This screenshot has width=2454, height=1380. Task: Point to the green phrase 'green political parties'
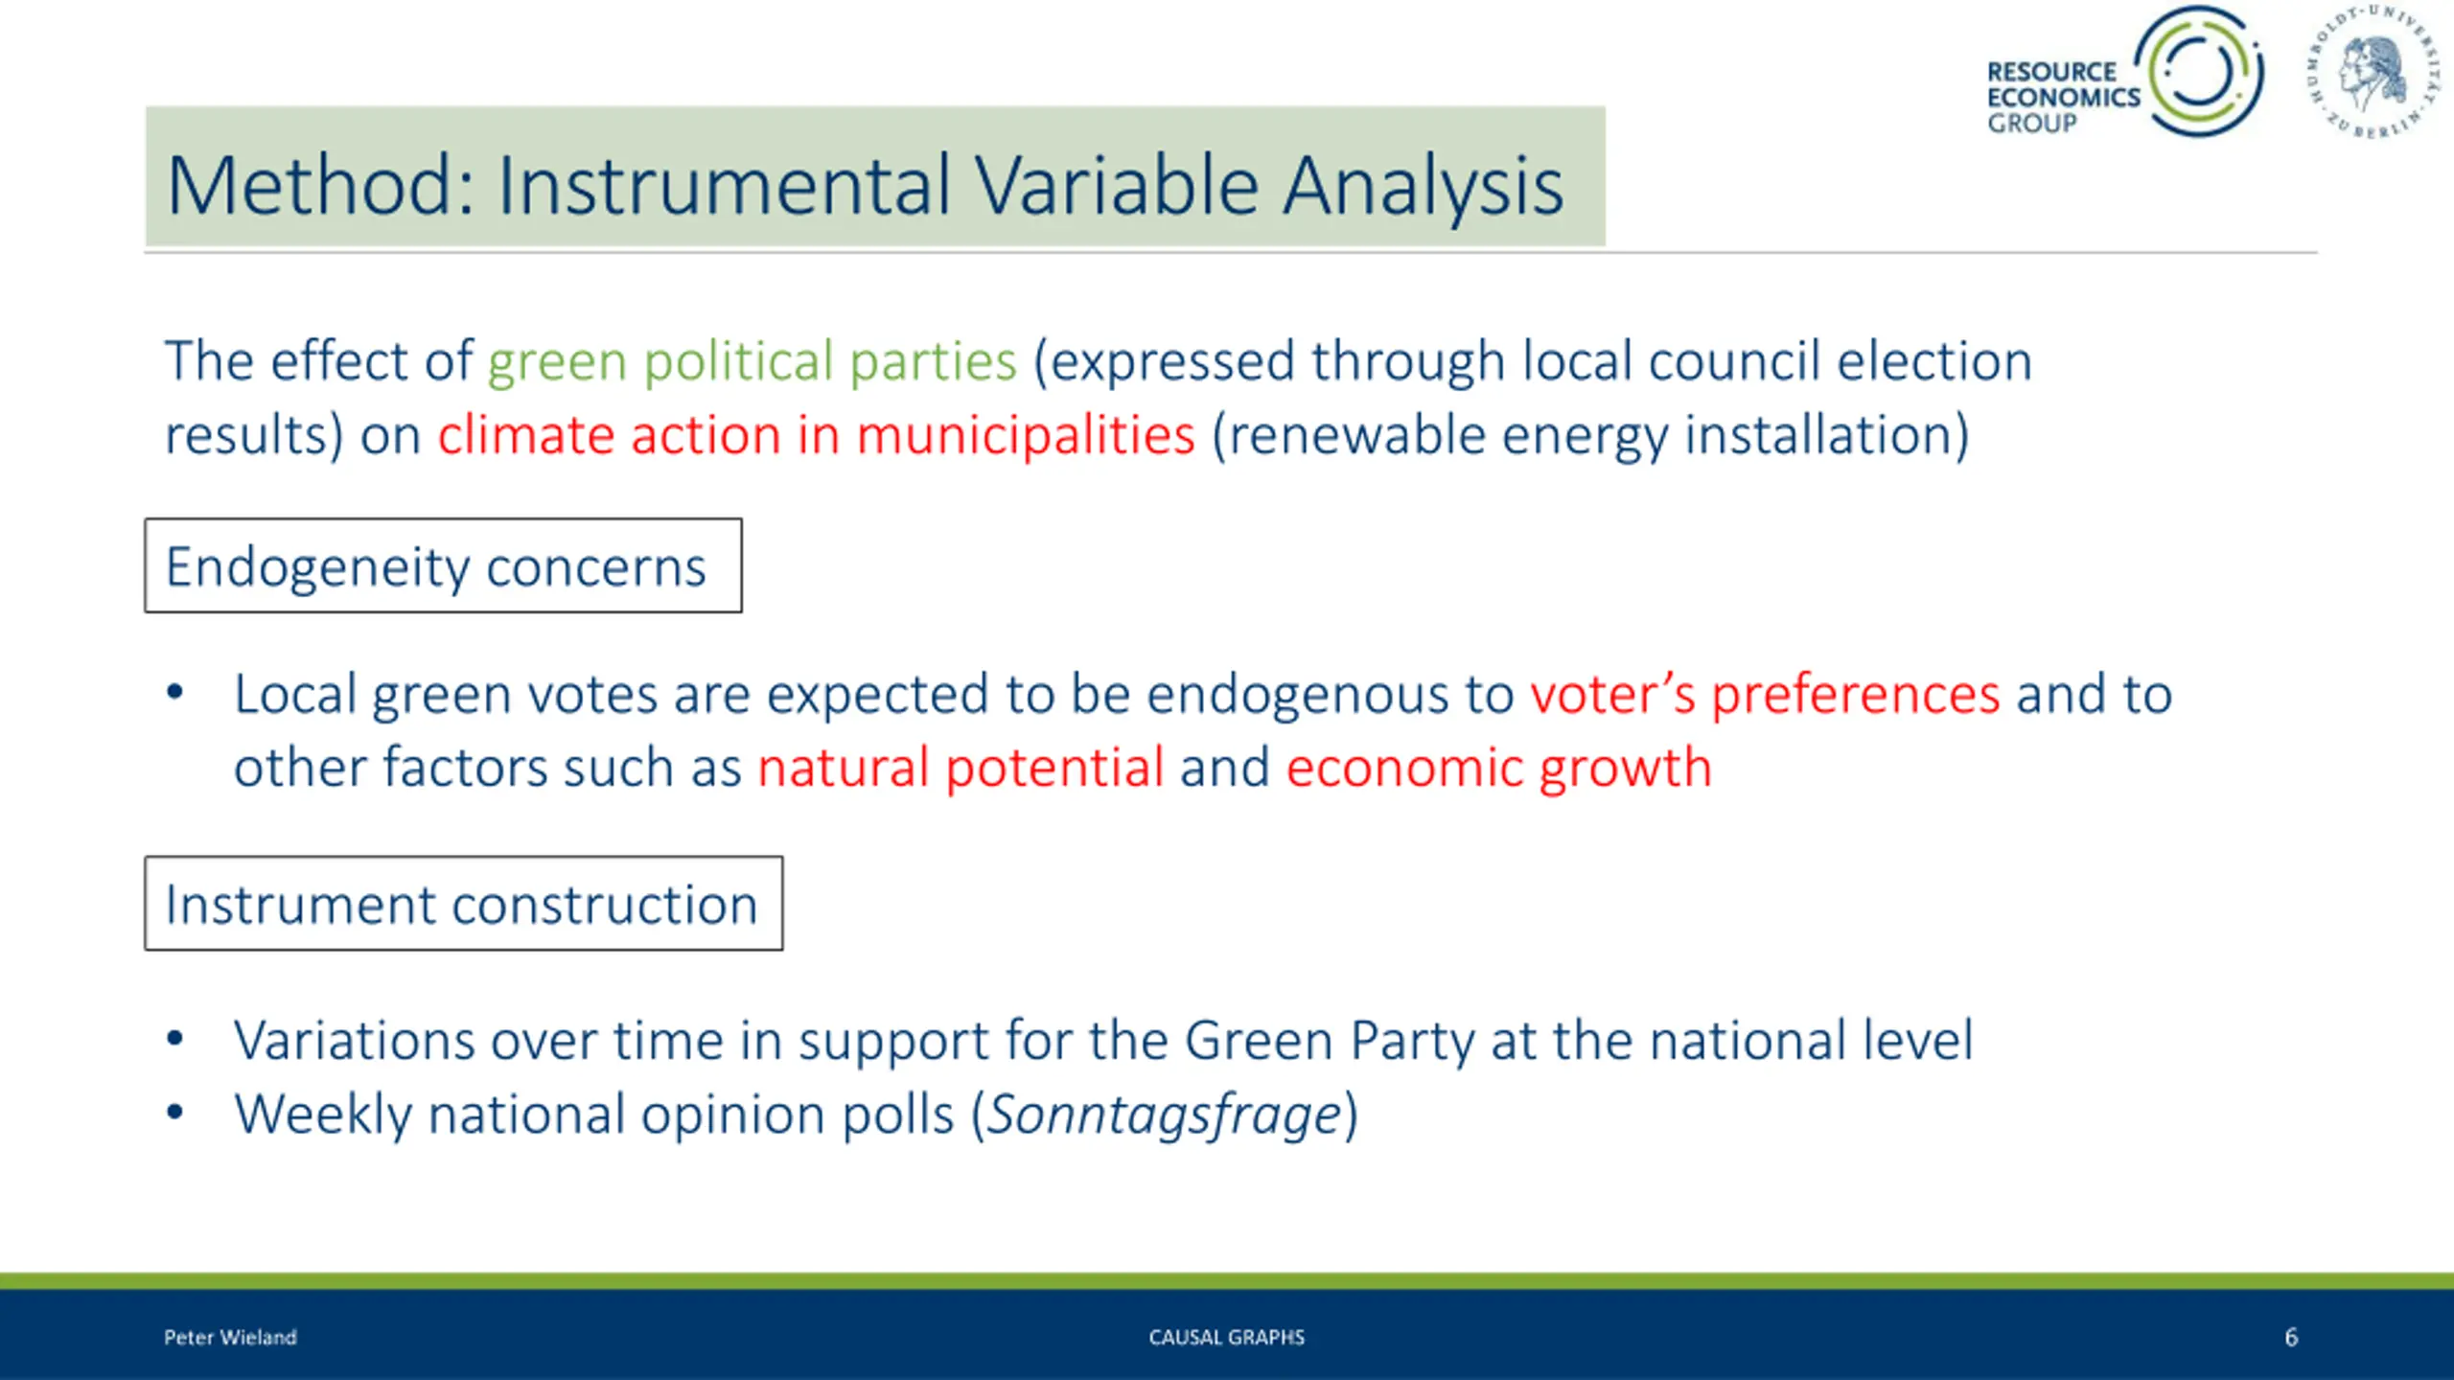(752, 363)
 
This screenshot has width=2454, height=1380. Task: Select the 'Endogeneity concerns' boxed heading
(443, 565)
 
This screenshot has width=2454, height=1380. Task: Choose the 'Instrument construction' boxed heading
(464, 904)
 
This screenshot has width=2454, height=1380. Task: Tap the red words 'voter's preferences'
(1765, 695)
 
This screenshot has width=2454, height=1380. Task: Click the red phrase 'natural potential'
(961, 769)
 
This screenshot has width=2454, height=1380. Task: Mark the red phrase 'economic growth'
(1499, 769)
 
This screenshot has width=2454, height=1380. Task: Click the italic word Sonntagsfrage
(1165, 1115)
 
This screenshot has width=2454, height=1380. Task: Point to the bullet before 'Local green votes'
(174, 692)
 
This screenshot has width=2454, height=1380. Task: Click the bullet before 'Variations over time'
(174, 1039)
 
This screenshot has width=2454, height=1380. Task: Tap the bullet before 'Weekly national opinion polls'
(174, 1113)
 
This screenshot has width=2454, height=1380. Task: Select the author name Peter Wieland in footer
(230, 1337)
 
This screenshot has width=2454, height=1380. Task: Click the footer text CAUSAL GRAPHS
(1227, 1337)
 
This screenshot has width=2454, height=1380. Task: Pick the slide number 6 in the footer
(2291, 1337)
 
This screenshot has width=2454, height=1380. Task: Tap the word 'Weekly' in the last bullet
(323, 1115)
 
